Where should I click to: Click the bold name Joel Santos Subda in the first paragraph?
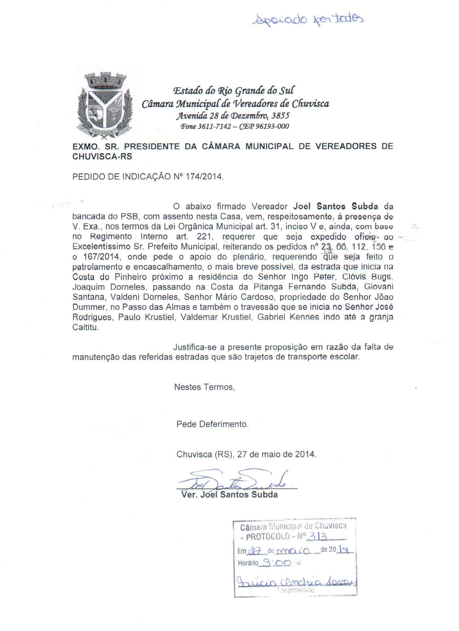(336, 207)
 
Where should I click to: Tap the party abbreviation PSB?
(130, 217)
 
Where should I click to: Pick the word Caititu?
(85, 328)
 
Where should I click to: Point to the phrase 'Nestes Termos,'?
(204, 387)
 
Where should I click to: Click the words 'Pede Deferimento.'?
(212, 424)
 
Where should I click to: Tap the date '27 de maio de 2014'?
(277, 454)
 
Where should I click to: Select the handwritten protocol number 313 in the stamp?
(318, 536)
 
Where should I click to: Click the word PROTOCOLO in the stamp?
(267, 537)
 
